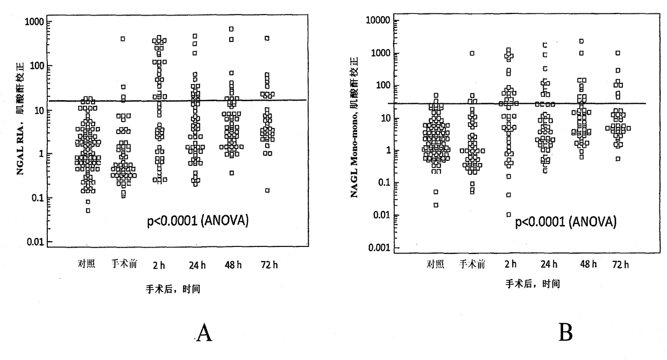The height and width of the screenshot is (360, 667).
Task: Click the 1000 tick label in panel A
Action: pos(34,22)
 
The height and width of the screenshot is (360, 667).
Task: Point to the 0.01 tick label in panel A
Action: pos(36,242)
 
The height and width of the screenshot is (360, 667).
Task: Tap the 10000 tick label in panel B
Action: pos(378,20)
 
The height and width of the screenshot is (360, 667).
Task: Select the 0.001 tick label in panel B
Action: pos(379,248)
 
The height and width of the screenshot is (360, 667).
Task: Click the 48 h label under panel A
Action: pos(233,265)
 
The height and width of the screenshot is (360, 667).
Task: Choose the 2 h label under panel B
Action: pos(510,264)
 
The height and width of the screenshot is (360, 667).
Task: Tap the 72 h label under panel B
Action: pos(621,264)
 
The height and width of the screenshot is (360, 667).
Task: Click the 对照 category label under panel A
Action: pos(87,264)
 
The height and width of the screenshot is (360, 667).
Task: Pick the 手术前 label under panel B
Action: pos(472,264)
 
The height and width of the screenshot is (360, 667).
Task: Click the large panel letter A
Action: pos(204,333)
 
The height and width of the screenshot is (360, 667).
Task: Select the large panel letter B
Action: pos(565,332)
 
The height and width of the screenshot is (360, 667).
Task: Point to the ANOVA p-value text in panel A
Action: pos(198,221)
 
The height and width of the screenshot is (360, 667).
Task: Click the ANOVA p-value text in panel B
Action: pos(566,222)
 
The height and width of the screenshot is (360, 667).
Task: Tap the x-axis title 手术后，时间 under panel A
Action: pos(173,289)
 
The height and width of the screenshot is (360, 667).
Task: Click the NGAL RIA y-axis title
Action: pos(20,118)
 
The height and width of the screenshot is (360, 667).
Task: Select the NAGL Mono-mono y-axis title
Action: pos(354,128)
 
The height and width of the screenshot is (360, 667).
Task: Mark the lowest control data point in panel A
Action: pos(88,211)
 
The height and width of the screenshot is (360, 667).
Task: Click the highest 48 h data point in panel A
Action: pos(231,29)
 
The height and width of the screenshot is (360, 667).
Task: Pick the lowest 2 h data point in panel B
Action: pos(509,215)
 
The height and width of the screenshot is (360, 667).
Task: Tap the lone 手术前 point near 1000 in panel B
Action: pos(472,53)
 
